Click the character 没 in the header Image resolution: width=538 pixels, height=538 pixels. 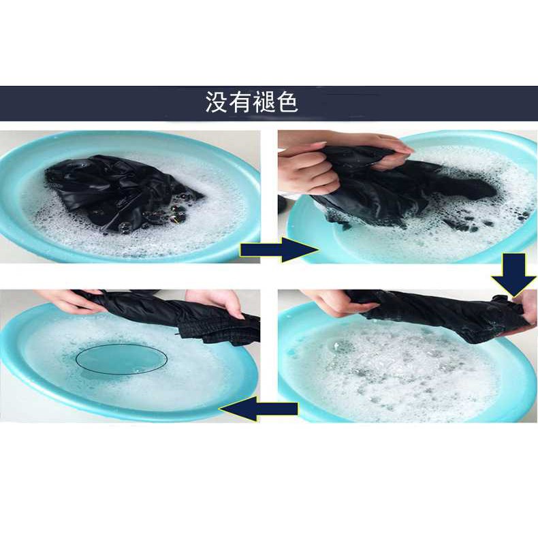pos(216,102)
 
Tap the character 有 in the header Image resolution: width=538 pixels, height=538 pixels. pos(240,102)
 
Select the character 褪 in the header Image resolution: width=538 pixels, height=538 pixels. pos(264,102)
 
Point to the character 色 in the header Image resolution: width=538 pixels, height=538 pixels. pos(287,102)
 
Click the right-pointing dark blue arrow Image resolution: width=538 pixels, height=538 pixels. pos(279,249)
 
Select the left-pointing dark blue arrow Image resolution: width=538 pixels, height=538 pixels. pos(258,409)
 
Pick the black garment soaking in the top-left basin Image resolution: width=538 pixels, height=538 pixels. pos(120,194)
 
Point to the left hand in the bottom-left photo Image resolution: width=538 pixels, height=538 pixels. pos(69,301)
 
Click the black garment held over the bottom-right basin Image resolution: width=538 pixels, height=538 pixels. pos(436,314)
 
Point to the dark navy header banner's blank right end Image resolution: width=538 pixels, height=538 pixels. pos(446,104)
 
